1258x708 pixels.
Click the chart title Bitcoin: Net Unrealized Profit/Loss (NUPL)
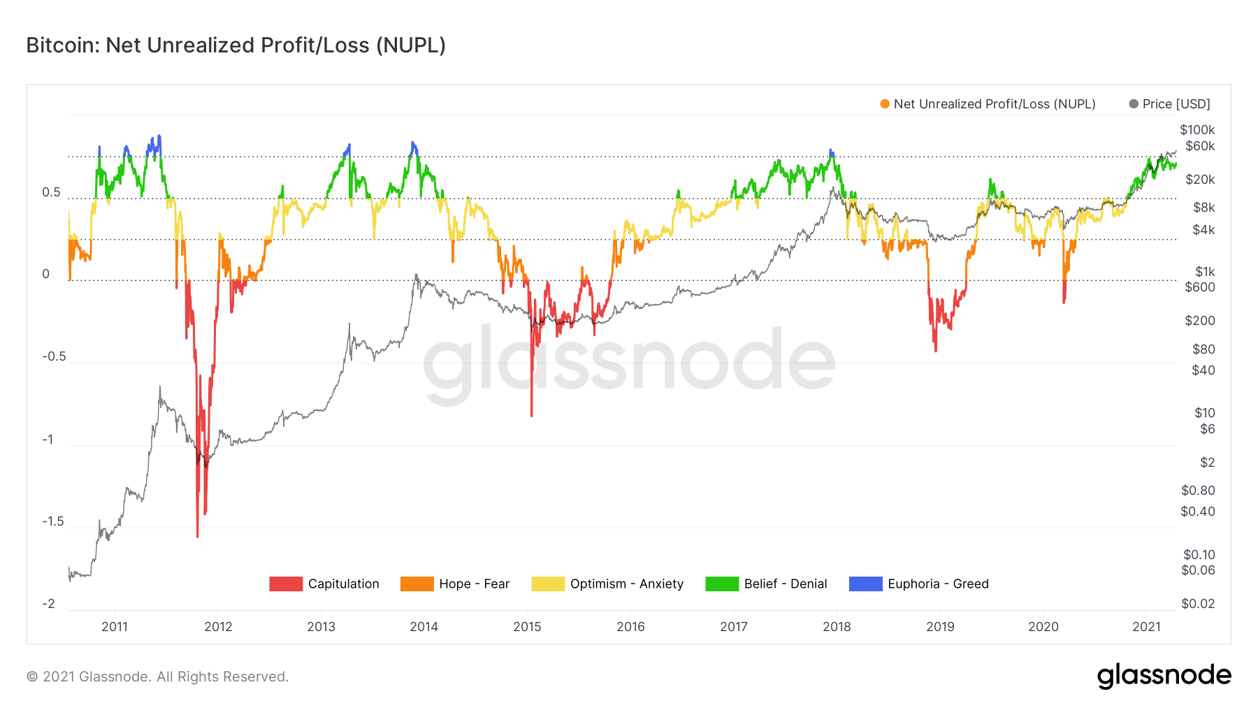click(x=236, y=45)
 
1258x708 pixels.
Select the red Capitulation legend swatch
click(x=286, y=584)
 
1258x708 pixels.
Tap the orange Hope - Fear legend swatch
click(x=417, y=584)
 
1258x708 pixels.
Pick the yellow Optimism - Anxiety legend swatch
click(x=547, y=584)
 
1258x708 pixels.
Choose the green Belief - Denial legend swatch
click(x=721, y=584)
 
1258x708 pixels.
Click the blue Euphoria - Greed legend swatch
click(x=865, y=584)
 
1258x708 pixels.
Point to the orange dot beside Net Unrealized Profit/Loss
click(x=885, y=104)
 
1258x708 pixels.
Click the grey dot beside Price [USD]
click(x=1134, y=104)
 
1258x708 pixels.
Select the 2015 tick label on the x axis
click(x=527, y=627)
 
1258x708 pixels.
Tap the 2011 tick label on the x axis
click(x=115, y=627)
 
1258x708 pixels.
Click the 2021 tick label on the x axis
click(x=1146, y=627)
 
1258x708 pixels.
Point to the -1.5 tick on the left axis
click(x=52, y=521)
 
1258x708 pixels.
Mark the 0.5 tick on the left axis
click(x=51, y=192)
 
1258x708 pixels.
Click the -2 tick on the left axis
click(x=48, y=604)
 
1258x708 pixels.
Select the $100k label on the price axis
click(x=1197, y=130)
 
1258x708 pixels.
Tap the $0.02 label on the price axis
click(x=1198, y=604)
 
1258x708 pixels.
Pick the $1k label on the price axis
click(x=1205, y=272)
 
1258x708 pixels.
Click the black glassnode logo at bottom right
click(x=1164, y=676)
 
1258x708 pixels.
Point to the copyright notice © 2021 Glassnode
click(x=157, y=677)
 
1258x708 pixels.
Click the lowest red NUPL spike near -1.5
click(x=198, y=535)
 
